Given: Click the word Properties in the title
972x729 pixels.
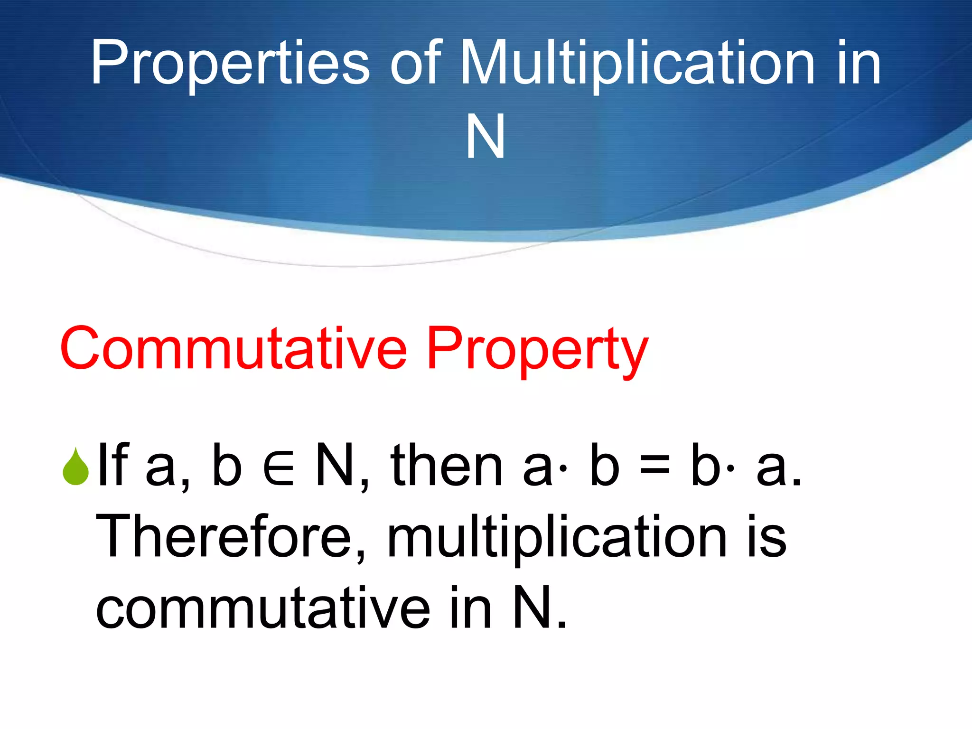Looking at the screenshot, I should coord(230,64).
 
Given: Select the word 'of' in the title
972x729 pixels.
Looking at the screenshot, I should coord(416,64).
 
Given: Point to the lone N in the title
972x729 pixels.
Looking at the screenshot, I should coord(486,137).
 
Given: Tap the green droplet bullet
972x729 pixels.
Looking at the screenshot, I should coord(75,467).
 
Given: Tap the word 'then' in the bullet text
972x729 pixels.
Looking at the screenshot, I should coord(446,466).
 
